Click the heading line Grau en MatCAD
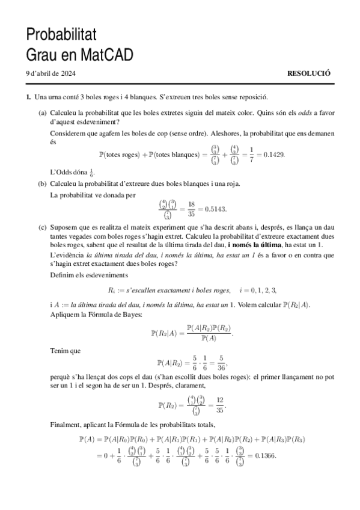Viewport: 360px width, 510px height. [x=79, y=55]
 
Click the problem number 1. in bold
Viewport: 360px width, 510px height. [x=28, y=96]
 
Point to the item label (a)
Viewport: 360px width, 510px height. [x=43, y=111]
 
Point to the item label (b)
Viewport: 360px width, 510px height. [x=43, y=183]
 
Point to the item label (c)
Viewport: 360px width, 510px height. [x=43, y=228]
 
